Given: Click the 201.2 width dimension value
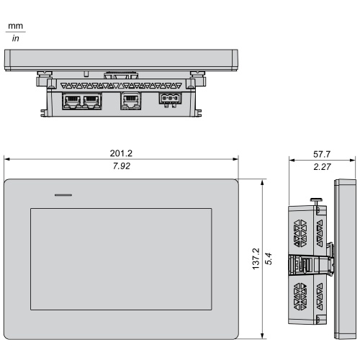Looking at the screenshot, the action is [121, 153].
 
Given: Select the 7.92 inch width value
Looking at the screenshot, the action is [122, 166].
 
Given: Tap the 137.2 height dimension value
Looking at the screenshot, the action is [256, 258].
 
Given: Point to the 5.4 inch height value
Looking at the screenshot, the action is [269, 258].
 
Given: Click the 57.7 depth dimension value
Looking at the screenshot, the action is [322, 154].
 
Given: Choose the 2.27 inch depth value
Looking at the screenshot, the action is [322, 166].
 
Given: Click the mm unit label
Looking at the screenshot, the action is [16, 26].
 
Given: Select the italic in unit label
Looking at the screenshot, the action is [15, 38].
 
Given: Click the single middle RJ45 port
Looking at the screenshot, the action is [130, 101].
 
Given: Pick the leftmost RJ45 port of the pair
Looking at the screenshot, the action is [72, 102].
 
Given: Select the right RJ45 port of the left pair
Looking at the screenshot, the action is [91, 102].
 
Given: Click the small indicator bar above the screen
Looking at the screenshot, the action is [63, 195].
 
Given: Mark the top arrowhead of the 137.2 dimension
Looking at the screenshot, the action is [262, 182].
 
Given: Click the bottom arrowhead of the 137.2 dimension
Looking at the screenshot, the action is [262, 336].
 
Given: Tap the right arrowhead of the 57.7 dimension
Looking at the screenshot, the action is [353, 160].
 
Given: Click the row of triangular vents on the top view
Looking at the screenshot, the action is [121, 86].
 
